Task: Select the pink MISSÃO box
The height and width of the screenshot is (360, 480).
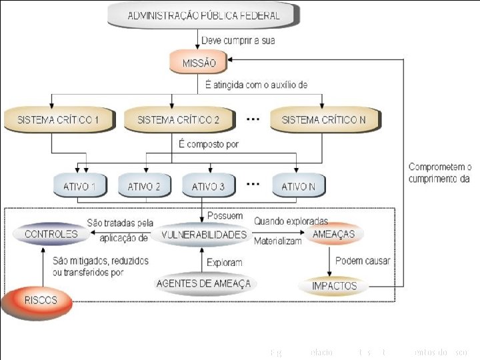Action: click(199, 63)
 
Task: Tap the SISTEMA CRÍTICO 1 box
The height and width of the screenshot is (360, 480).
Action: click(59, 120)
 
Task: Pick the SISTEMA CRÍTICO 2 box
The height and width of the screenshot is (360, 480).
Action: click(178, 120)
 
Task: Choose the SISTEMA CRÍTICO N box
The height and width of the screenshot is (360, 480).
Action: click(324, 120)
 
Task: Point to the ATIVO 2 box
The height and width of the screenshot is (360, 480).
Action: click(144, 187)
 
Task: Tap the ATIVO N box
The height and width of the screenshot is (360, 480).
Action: click(298, 187)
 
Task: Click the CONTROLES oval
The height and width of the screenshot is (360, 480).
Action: click(51, 235)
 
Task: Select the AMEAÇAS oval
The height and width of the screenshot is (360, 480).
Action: click(334, 235)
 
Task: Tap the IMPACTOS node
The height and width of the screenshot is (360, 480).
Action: click(334, 286)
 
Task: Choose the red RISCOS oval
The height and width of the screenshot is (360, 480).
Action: click(40, 301)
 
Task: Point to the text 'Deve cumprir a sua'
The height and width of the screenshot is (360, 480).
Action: click(239, 41)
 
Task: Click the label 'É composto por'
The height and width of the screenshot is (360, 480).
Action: click(209, 144)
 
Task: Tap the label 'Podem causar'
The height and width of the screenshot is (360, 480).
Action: click(363, 261)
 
